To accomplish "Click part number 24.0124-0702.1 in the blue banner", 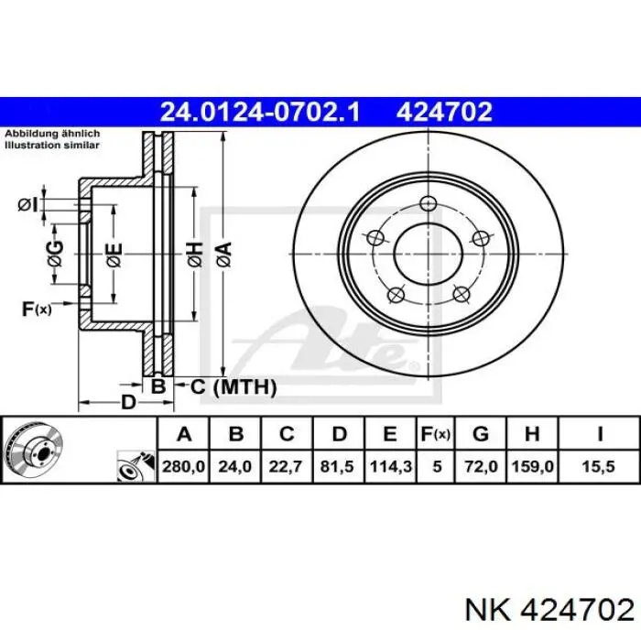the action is [260, 112].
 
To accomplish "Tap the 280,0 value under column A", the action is [183, 466].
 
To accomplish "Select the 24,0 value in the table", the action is [234, 466].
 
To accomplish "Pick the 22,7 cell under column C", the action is [286, 466].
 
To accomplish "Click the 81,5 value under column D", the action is [337, 466].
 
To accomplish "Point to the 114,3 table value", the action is [390, 466].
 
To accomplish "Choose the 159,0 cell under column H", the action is [532, 466].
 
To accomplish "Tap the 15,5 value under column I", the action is [599, 466].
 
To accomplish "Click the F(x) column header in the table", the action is [435, 434].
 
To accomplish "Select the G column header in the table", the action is [481, 434].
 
